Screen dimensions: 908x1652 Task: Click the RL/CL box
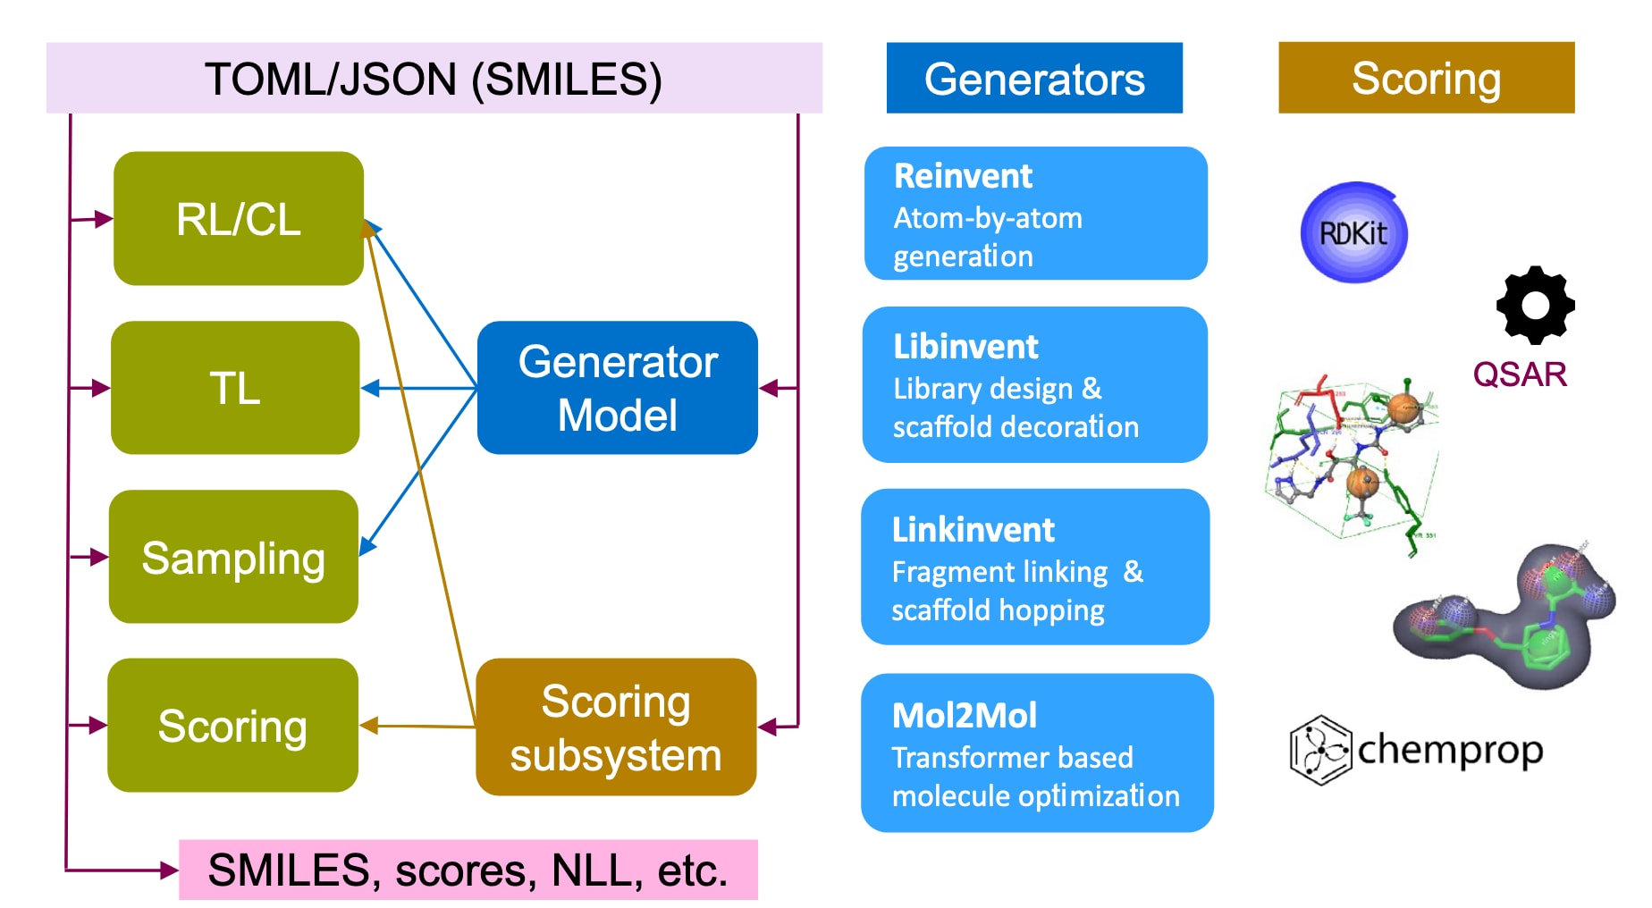coord(239,219)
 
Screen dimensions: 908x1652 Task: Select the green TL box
coord(235,388)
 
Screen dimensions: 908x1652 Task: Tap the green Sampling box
coord(233,557)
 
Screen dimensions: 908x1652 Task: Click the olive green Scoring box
coord(232,725)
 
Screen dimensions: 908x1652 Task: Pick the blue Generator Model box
coord(618,388)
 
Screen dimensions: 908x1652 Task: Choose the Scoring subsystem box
coord(616,727)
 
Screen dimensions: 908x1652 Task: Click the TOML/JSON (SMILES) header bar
coord(434,79)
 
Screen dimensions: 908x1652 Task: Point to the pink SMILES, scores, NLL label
coord(468,870)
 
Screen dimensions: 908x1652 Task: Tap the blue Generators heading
coord(1034,79)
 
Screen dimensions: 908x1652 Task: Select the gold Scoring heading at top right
coord(1426,78)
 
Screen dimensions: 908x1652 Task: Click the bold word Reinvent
coord(963,176)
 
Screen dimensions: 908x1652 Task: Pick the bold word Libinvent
coord(965,347)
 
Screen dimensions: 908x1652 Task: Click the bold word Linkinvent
coord(973,530)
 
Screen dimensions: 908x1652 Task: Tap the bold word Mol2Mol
coord(965,716)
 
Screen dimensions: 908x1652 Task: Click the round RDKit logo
coord(1353,233)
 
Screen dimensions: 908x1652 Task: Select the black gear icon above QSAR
coord(1535,305)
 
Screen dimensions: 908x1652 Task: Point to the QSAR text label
coord(1520,374)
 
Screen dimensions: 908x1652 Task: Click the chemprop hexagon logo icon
coord(1319,750)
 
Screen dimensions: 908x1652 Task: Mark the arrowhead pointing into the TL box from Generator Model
coord(369,388)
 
